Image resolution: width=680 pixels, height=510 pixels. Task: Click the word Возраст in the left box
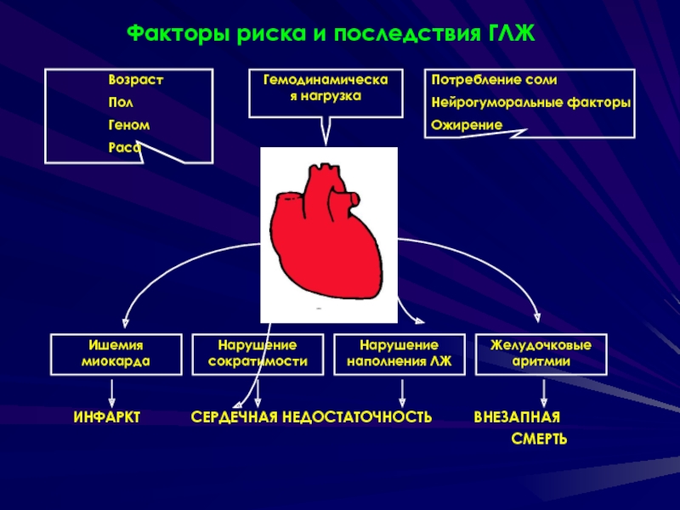pyautogui.click(x=135, y=79)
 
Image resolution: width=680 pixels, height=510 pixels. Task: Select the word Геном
pyautogui.click(x=129, y=125)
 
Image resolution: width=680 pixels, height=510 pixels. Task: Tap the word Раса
pyautogui.click(x=124, y=147)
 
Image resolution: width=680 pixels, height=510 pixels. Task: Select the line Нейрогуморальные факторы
pyautogui.click(x=530, y=102)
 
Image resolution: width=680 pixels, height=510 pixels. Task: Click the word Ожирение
pyautogui.click(x=467, y=125)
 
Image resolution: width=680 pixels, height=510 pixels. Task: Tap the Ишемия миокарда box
pyautogui.click(x=116, y=354)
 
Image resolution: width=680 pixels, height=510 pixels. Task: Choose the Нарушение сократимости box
pyautogui.click(x=258, y=354)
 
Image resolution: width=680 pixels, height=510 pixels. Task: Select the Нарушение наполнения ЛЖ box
pyautogui.click(x=399, y=354)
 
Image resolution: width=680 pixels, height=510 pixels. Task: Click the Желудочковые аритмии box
pyautogui.click(x=541, y=354)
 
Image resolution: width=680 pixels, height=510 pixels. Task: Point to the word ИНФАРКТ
pyautogui.click(x=106, y=417)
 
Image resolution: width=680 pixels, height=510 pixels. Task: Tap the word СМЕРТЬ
pyautogui.click(x=539, y=439)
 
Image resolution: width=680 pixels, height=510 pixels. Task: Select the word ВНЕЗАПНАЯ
pyautogui.click(x=517, y=417)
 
